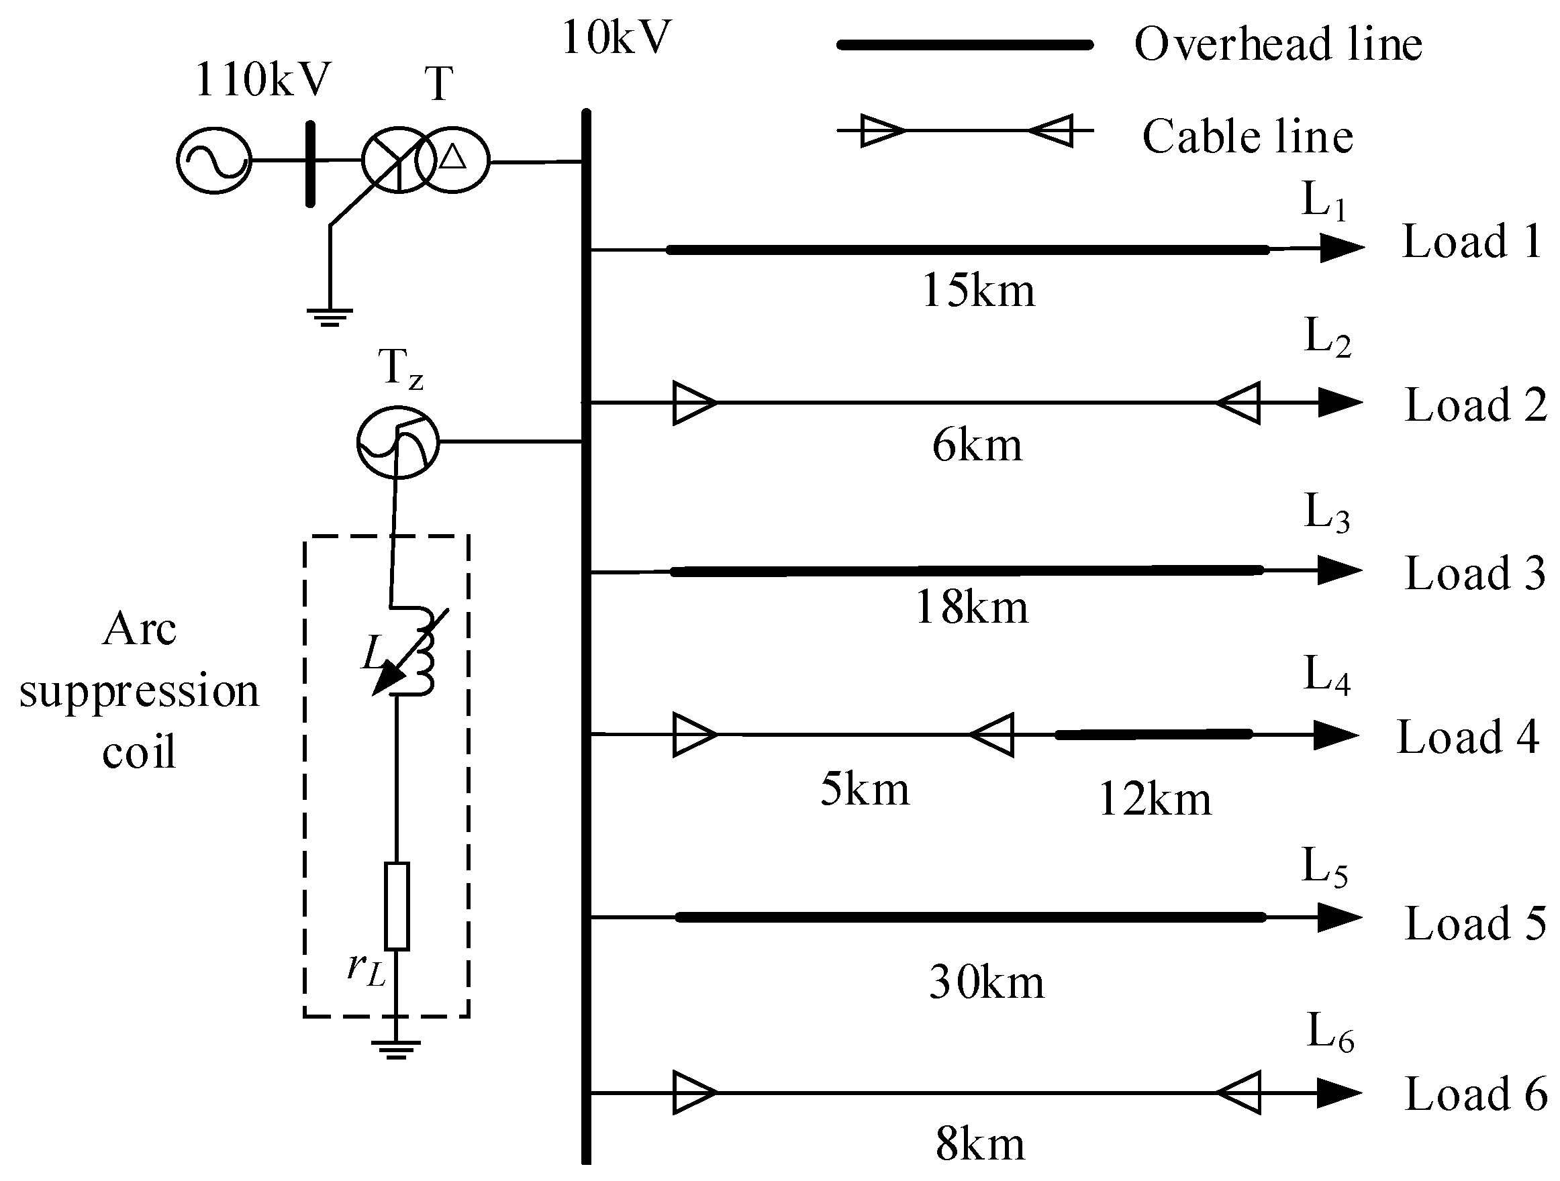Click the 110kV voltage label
pos(262,80)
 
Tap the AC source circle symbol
pos(213,161)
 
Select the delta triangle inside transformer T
pos(453,156)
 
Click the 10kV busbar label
pos(616,38)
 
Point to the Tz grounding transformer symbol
pos(398,442)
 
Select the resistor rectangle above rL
pos(397,906)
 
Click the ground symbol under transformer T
pos(330,317)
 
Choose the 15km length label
pos(978,290)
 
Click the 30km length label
pos(986,982)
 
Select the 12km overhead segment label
pos(1155,799)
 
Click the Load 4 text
pos(1467,737)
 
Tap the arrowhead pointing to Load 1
pos(1341,248)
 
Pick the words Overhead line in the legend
pos(1278,44)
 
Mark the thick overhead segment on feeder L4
pos(1154,735)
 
